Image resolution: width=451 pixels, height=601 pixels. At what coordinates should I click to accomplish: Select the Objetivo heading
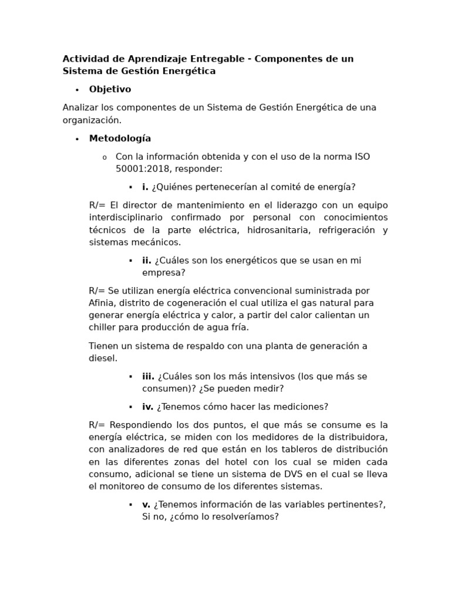110,89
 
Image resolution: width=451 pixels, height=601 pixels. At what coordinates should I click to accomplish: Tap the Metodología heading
120,139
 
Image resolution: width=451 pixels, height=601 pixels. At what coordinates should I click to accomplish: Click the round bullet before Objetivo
77,90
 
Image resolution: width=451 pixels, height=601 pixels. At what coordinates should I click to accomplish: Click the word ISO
362,157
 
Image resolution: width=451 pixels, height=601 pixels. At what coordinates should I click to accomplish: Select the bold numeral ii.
147,261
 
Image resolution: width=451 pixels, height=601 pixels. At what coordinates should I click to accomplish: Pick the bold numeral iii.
148,376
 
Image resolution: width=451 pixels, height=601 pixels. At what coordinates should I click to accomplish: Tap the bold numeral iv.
147,407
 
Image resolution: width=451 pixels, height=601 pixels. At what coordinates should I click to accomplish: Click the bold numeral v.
146,505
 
